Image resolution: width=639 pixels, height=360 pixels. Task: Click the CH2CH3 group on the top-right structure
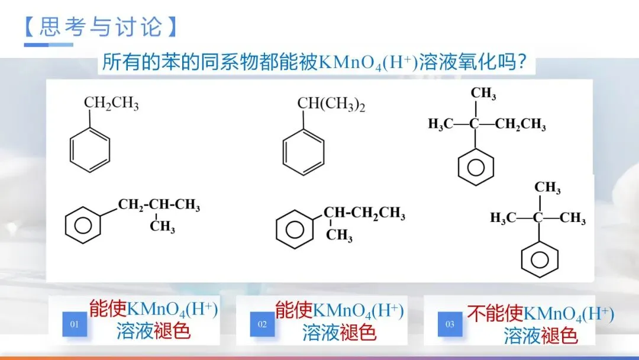(x=520, y=124)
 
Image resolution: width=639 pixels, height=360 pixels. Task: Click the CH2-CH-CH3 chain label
(x=159, y=205)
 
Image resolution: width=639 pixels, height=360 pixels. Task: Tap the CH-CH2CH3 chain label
(x=364, y=213)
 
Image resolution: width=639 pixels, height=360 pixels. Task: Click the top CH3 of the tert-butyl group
(x=547, y=188)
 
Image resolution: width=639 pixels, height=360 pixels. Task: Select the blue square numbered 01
(x=75, y=324)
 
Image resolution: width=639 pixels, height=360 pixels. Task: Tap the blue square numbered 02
(x=262, y=324)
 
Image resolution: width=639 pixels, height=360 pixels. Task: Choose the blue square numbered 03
(x=450, y=324)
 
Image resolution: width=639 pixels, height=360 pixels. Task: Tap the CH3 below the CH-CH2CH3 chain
(x=339, y=236)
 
